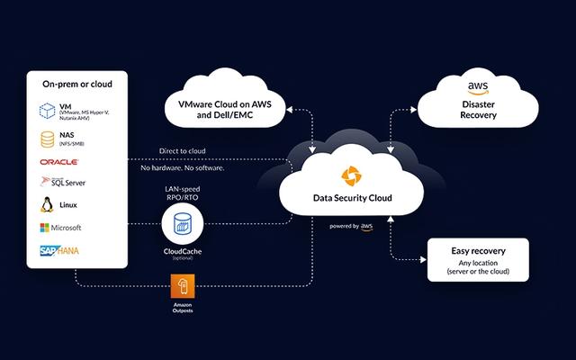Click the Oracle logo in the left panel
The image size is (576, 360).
[x=59, y=162]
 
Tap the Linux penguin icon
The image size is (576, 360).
[x=49, y=205]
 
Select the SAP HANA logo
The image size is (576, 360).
[x=60, y=250]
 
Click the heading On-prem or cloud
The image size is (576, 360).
[x=76, y=84]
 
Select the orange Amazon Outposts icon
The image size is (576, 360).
[x=184, y=288]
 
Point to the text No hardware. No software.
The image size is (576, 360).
[x=183, y=168]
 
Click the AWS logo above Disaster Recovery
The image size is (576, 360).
[x=478, y=87]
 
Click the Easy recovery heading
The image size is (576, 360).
[x=478, y=251]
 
